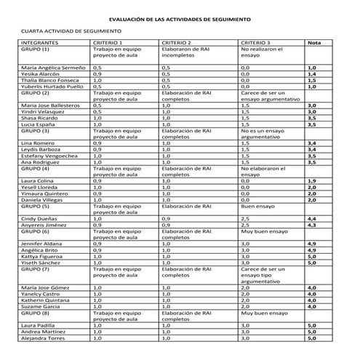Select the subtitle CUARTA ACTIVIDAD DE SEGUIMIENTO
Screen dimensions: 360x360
pyautogui.click(x=71, y=33)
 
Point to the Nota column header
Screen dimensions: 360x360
pyautogui.click(x=314, y=43)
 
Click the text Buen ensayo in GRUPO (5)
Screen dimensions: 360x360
pyautogui.click(x=257, y=207)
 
